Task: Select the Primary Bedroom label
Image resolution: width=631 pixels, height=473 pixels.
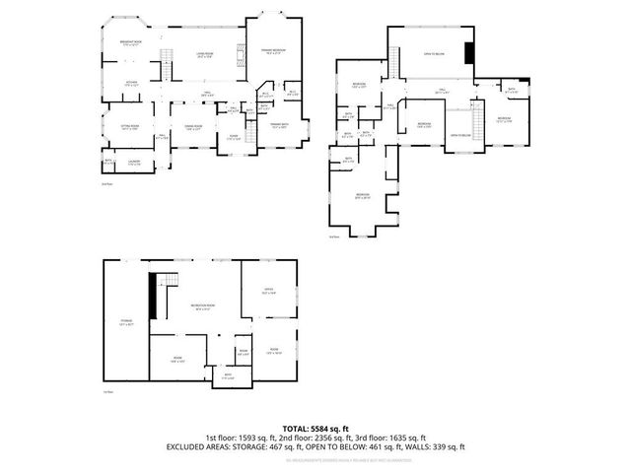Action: pos(274,51)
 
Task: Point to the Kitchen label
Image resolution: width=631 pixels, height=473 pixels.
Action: pos(130,84)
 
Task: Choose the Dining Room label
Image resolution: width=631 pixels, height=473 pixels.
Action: pos(193,127)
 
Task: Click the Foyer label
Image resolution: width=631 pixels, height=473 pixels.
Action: pos(234,137)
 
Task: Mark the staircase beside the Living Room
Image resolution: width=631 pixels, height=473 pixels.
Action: pos(168,70)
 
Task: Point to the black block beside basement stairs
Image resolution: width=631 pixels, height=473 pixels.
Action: pos(153,295)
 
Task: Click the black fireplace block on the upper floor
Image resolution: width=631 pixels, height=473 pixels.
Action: pos(469,52)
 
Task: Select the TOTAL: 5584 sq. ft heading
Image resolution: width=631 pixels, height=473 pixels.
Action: pos(315,429)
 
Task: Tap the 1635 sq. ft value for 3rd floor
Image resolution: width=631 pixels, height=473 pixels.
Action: pos(405,438)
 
